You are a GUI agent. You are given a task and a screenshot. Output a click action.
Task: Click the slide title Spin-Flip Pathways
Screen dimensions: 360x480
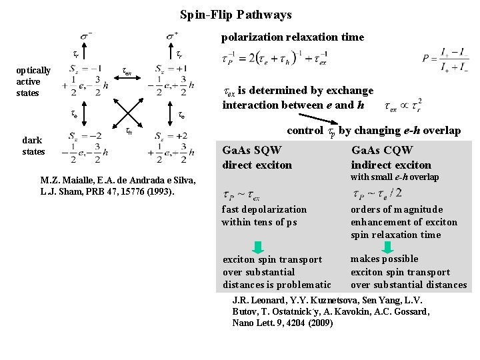[236, 14]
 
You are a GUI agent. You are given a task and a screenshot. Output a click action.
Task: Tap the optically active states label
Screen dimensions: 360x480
[33, 81]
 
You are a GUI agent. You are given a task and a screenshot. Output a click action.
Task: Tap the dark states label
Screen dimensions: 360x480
[33, 146]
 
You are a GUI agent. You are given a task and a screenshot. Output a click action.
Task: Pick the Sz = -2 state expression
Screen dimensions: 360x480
[85, 145]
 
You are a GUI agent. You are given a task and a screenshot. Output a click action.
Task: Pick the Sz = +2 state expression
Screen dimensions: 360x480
[172, 145]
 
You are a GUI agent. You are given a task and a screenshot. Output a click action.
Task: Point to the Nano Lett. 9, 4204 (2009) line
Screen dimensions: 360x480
[283, 323]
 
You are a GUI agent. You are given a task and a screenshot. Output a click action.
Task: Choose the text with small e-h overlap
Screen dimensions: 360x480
[395, 177]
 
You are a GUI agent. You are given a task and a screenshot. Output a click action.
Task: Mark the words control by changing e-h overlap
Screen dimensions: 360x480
[373, 131]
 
